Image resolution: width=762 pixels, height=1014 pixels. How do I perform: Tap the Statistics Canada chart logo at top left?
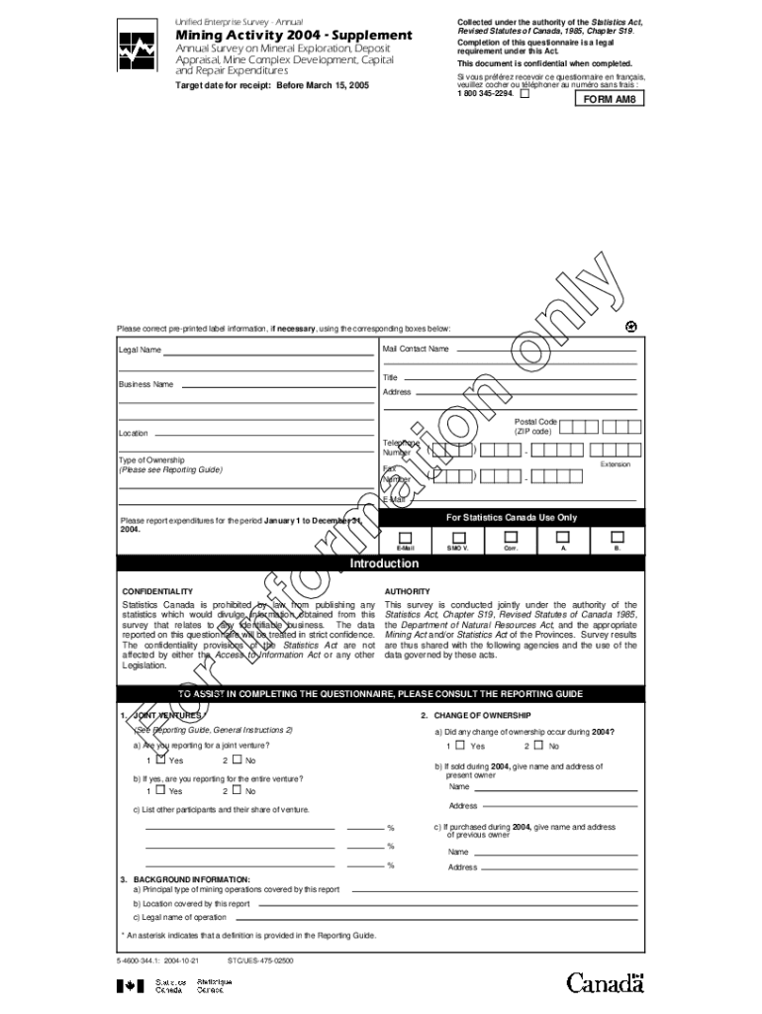pos(136,51)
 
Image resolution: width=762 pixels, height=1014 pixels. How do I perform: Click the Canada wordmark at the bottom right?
pos(605,983)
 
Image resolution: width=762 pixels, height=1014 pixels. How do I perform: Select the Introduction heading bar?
pos(384,564)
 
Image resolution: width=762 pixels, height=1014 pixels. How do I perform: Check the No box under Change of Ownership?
pos(540,745)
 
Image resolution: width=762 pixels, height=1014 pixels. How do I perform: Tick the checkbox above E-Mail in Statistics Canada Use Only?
pos(405,536)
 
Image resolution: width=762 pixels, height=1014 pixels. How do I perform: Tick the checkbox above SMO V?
pos(457,536)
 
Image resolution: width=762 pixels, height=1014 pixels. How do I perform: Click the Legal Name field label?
pos(141,350)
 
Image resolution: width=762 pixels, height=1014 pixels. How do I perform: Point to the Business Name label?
pos(145,384)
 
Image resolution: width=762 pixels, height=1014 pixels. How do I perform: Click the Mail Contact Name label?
pos(416,349)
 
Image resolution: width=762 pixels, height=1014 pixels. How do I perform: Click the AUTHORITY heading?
pos(407,591)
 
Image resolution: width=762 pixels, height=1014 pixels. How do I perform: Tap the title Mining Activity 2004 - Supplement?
pos(293,36)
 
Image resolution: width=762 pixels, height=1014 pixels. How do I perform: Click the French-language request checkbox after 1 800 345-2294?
pos(524,95)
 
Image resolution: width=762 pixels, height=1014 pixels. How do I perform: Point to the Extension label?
pos(616,463)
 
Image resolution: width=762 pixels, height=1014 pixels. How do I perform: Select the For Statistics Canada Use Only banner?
pos(512,517)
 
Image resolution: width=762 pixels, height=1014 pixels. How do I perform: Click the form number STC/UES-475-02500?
pos(259,961)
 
